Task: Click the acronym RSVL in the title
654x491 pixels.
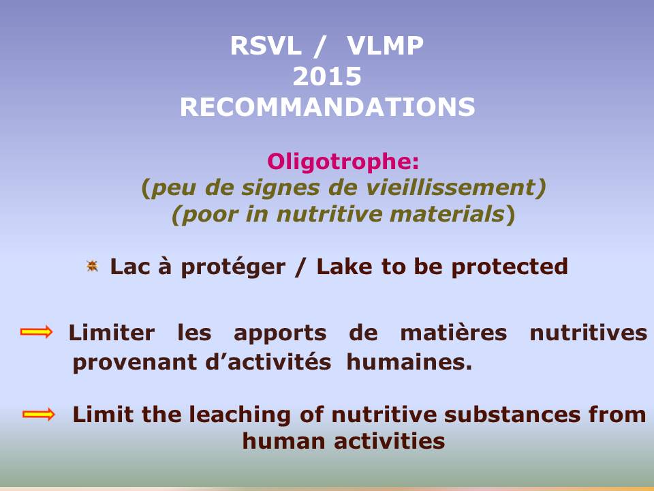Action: click(x=266, y=46)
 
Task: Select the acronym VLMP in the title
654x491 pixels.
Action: click(x=385, y=46)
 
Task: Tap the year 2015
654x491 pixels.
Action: click(x=327, y=76)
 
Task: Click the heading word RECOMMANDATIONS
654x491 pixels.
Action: click(x=328, y=107)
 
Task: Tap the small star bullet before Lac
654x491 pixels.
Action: click(x=92, y=266)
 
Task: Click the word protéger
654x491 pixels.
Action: click(x=233, y=267)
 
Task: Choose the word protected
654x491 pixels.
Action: click(x=510, y=267)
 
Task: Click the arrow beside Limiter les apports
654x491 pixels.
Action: click(x=37, y=332)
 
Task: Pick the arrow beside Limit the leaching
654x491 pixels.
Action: click(x=39, y=414)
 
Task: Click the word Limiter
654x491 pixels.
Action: click(x=112, y=333)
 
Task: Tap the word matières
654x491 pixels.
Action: click(x=454, y=333)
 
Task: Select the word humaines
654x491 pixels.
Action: click(x=409, y=362)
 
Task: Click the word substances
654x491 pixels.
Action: click(x=512, y=415)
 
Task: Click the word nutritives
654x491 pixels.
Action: click(x=588, y=333)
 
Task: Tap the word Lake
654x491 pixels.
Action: click(x=344, y=267)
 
